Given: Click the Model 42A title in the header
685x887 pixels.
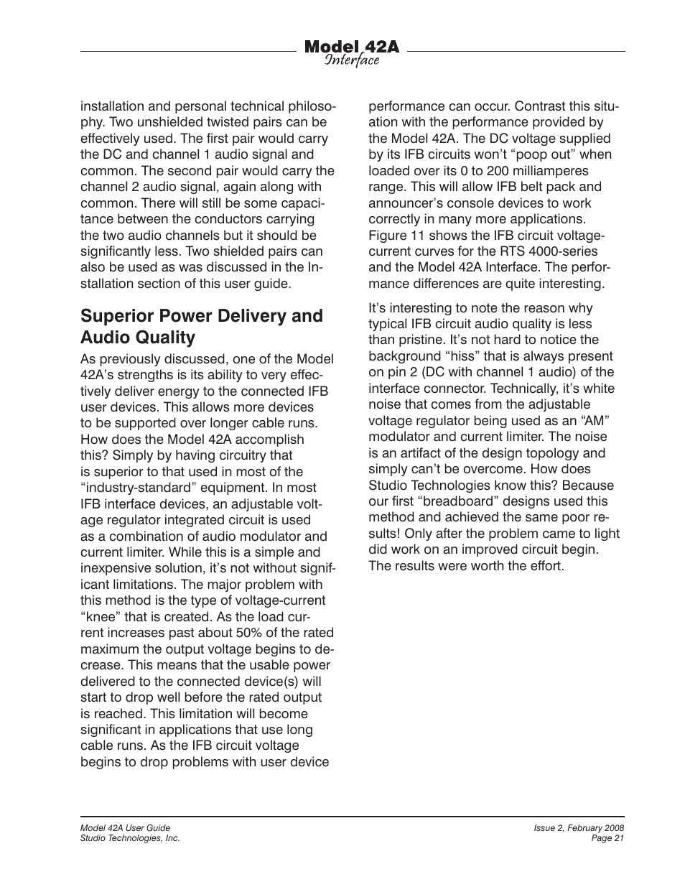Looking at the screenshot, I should (x=351, y=47).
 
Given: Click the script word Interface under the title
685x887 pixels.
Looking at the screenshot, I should (x=351, y=60).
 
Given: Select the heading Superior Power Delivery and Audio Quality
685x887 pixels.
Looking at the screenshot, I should (x=202, y=327).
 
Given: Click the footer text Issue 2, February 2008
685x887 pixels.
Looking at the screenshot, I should (x=579, y=828).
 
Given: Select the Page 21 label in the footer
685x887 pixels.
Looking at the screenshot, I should (x=607, y=838).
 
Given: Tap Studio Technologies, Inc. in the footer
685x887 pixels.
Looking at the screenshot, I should (x=130, y=838).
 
